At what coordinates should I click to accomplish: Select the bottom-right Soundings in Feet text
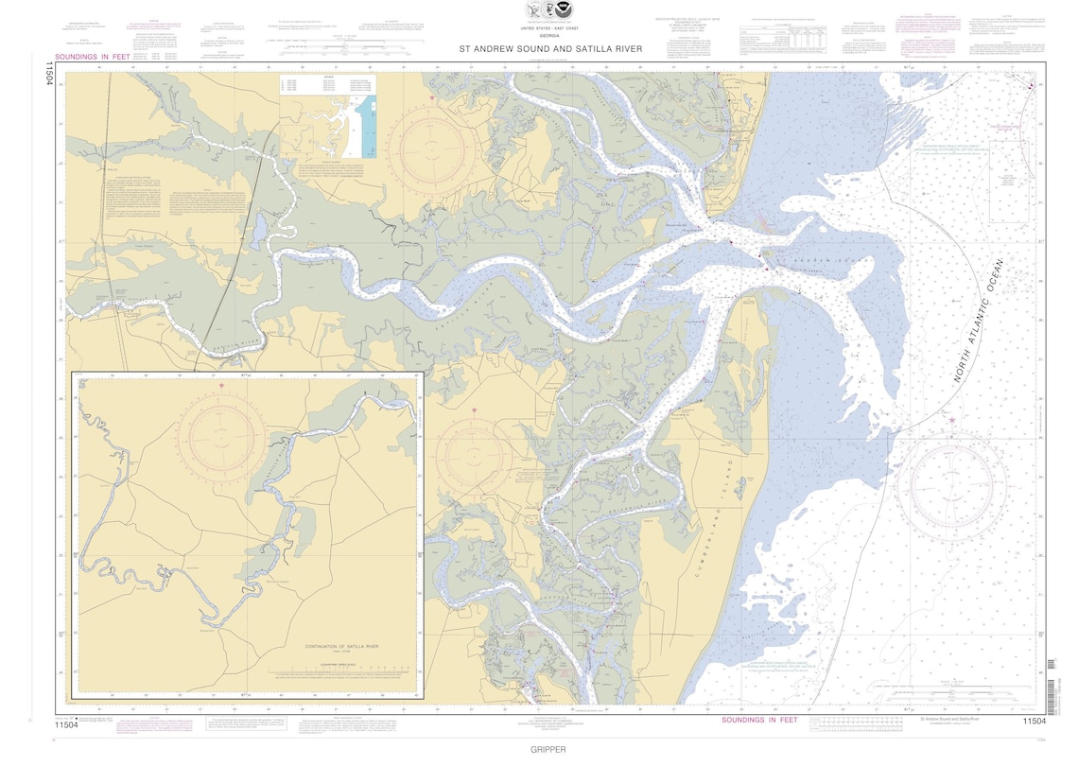tap(759, 721)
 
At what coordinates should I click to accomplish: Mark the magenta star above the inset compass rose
tap(221, 385)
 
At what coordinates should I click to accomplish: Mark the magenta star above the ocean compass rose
tap(952, 421)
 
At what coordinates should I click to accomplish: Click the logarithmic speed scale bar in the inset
tap(344, 675)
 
